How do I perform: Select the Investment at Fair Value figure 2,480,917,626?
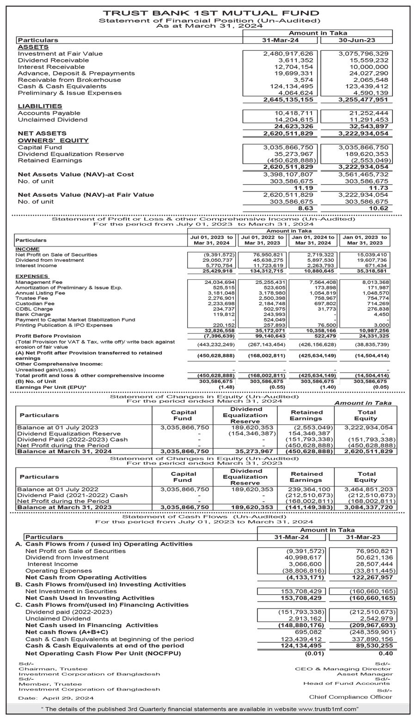click(288, 54)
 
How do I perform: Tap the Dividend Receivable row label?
click(53, 60)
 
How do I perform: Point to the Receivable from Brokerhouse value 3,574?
click(303, 80)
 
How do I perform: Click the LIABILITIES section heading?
click(40, 106)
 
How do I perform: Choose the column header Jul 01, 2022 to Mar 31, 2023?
click(262, 240)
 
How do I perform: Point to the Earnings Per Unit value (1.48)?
click(227, 387)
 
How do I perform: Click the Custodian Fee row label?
click(32, 304)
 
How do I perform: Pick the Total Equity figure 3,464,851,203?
click(368, 489)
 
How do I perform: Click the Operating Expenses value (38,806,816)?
click(301, 571)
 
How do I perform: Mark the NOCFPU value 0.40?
click(386, 653)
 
